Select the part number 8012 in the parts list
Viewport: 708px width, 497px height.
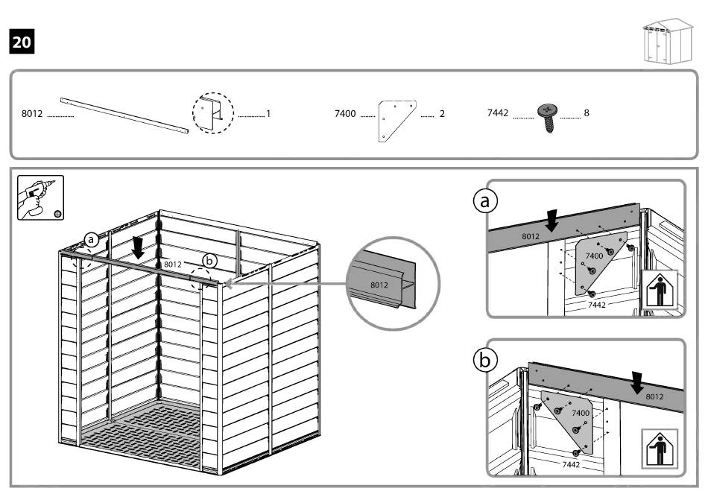click(x=33, y=114)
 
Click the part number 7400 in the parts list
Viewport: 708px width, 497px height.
click(x=345, y=114)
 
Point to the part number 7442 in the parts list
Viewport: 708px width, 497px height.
click(x=497, y=113)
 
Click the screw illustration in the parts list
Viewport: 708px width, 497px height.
click(x=547, y=116)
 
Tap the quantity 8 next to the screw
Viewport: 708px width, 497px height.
click(x=587, y=113)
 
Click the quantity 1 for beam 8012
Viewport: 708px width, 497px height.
click(x=268, y=114)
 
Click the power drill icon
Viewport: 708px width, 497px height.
click(x=41, y=197)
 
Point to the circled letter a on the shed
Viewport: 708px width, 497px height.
click(x=91, y=239)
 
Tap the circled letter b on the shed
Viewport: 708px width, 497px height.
click(x=209, y=260)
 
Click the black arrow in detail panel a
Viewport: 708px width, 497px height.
click(x=552, y=221)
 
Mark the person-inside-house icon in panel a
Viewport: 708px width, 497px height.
click(x=659, y=290)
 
